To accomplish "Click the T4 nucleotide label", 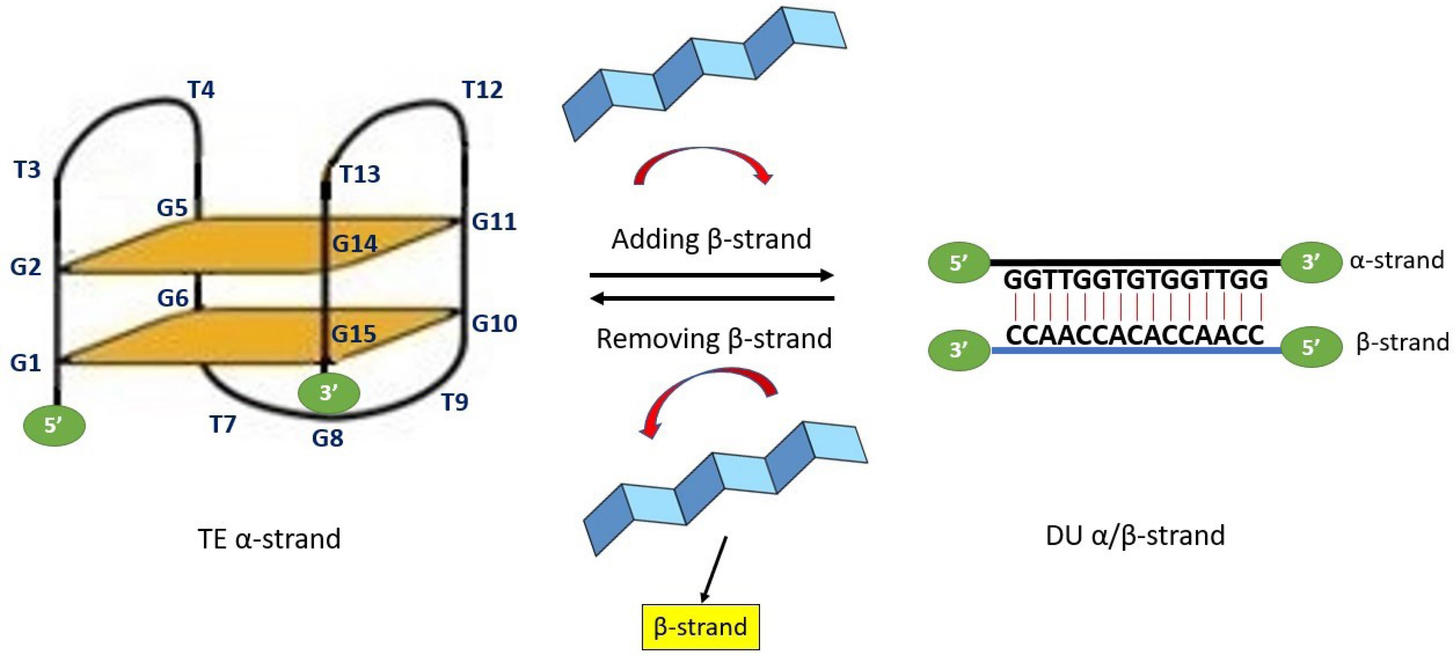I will pos(201,89).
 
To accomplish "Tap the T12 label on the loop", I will pos(483,89).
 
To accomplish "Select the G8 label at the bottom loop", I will pos(328,438).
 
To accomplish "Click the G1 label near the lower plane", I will pos(25,363).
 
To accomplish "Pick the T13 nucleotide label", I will pos(360,174).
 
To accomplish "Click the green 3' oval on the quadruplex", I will pos(329,392).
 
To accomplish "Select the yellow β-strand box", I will pos(700,627).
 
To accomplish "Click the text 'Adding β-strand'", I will pos(711,239).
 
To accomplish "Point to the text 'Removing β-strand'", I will pos(714,339).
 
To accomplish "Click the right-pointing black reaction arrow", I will pos(712,276).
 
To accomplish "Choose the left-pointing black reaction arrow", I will pos(712,297).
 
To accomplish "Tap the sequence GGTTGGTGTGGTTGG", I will pos(1136,280).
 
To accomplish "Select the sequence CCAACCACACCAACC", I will pos(1136,335).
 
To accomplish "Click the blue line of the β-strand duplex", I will pos(1136,351).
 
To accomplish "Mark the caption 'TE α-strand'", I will pos(269,539).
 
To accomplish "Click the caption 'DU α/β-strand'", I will pos(1136,535).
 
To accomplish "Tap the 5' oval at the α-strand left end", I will pos(958,263).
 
